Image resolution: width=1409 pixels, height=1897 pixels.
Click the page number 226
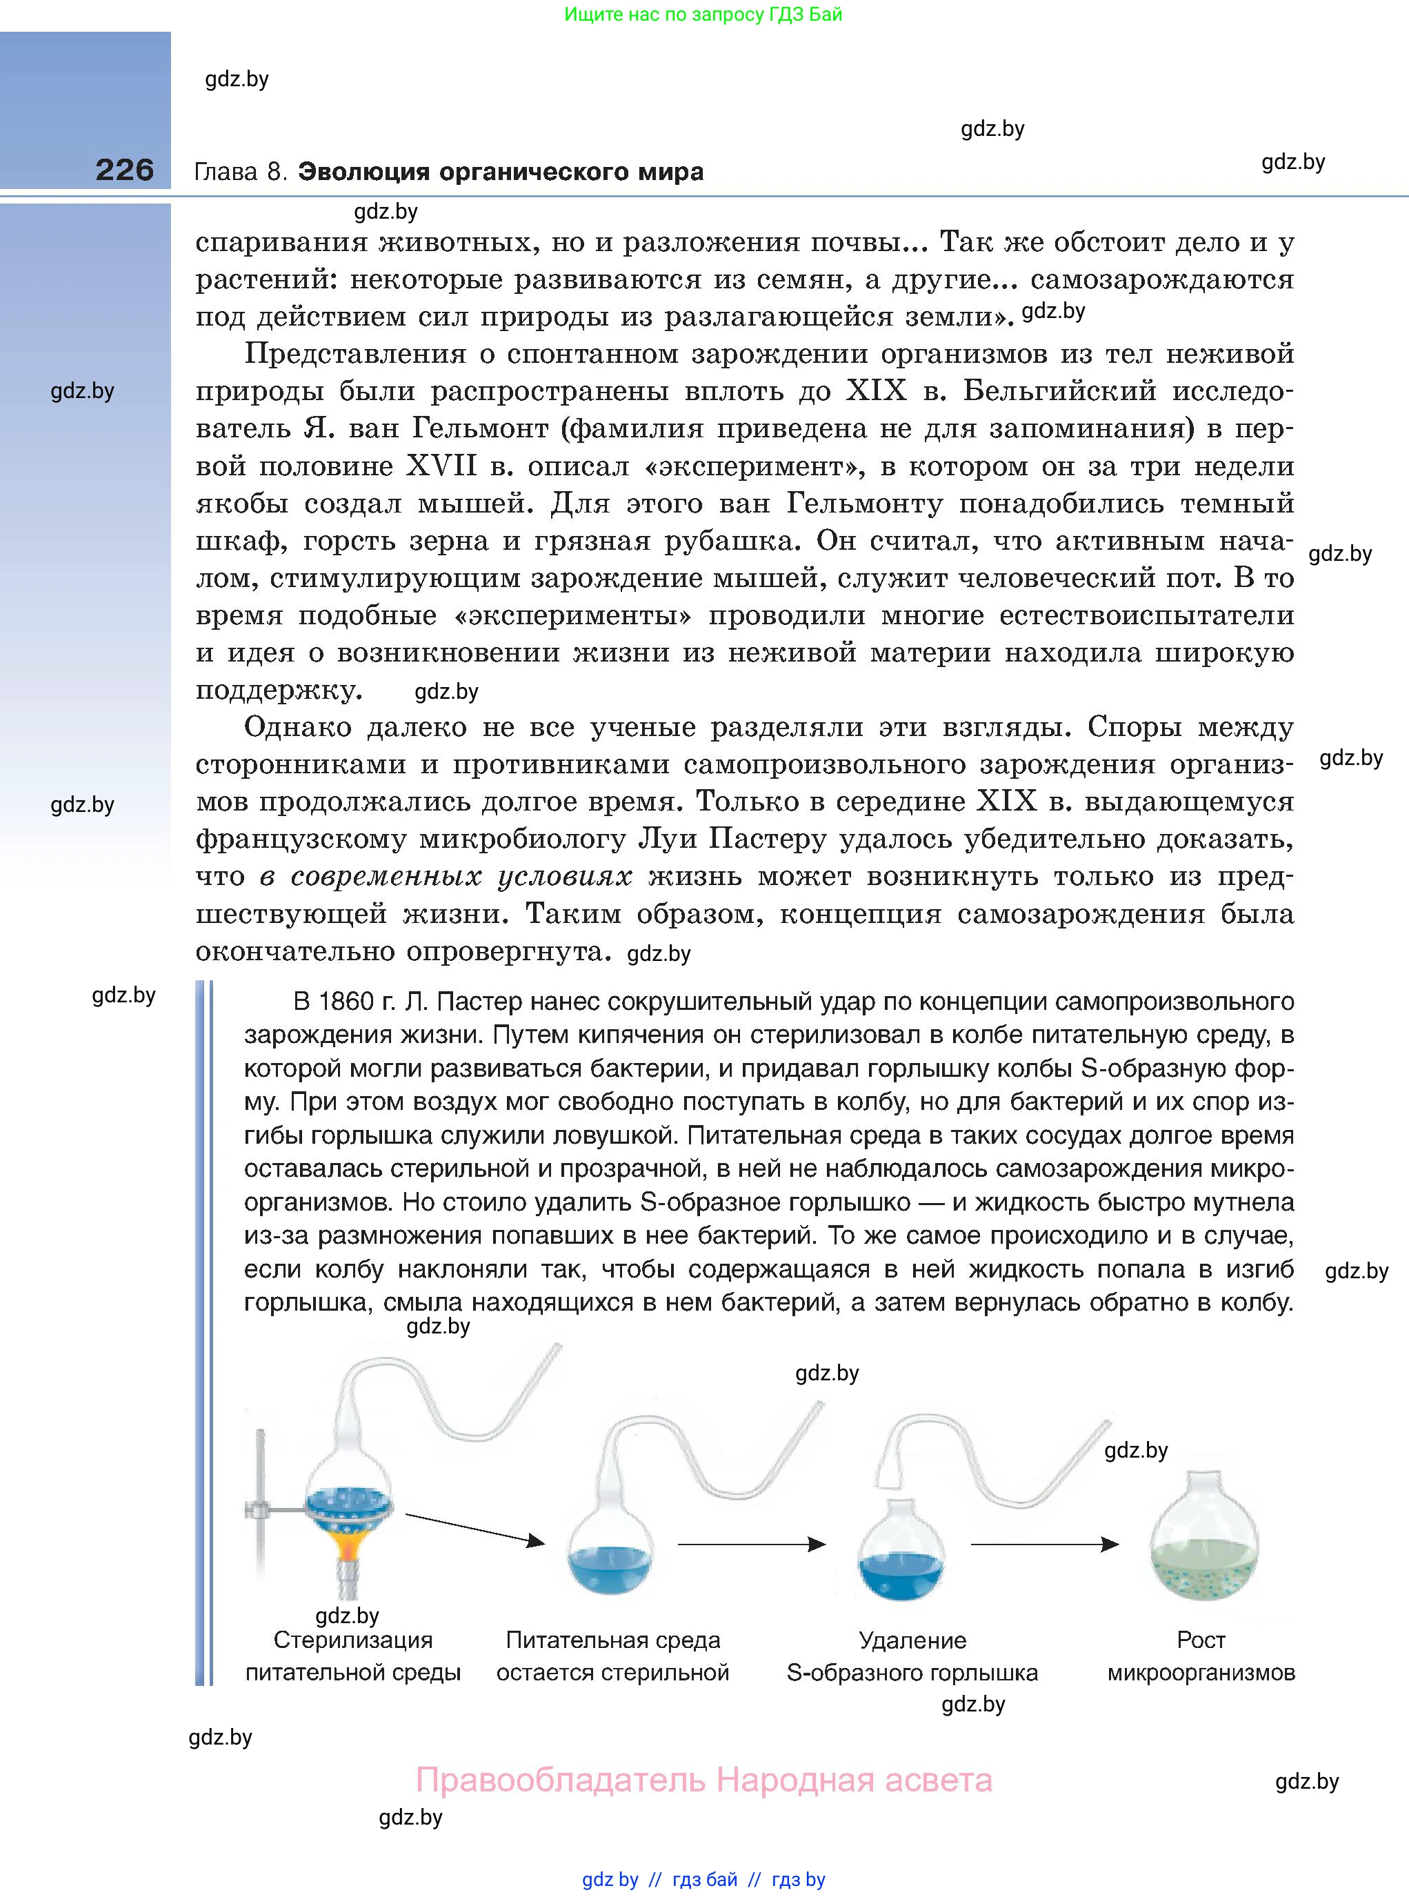[x=125, y=170]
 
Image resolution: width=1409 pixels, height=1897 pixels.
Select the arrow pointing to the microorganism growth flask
[x=1044, y=1544]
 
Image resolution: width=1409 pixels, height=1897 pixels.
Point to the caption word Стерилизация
[x=353, y=1640]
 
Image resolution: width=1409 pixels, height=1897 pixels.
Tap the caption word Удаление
[x=912, y=1640]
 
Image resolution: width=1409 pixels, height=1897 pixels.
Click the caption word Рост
[x=1201, y=1640]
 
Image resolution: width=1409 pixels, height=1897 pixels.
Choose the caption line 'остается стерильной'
[x=612, y=1673]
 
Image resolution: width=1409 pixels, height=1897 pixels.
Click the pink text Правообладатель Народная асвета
[x=703, y=1780]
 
